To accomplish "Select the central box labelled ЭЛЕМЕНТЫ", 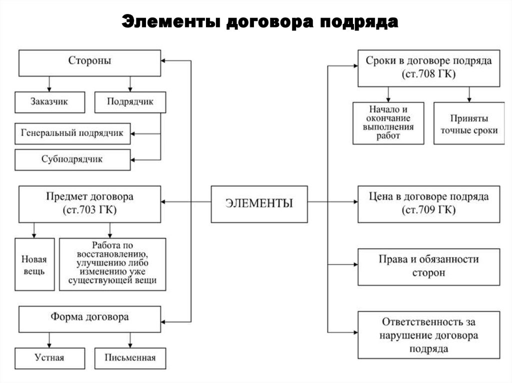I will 259,204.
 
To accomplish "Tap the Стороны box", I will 89,62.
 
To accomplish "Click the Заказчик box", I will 48,102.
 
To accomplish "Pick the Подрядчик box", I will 130,102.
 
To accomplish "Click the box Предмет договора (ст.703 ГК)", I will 89,204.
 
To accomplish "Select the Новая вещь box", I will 34,265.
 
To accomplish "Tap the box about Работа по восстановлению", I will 112,265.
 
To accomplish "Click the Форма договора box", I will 89,318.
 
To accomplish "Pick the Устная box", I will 49,358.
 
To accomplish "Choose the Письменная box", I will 130,358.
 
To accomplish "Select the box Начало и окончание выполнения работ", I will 388,123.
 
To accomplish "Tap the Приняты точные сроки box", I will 468,123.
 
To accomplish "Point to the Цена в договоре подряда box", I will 428,203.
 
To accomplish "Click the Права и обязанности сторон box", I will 428,266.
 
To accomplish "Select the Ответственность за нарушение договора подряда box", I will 428,335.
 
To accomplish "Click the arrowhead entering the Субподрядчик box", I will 133,160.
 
